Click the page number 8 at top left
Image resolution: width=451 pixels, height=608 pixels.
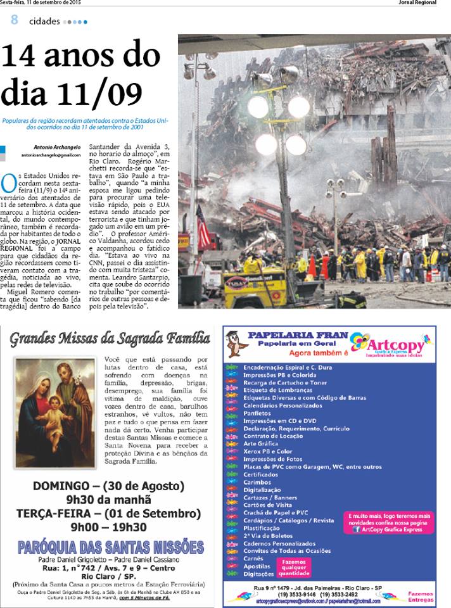coord(14,20)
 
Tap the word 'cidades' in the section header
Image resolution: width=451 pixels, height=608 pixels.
coord(44,21)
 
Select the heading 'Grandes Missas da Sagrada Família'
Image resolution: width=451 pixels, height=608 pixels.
coord(110,339)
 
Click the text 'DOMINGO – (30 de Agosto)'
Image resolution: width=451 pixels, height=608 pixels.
coord(109,486)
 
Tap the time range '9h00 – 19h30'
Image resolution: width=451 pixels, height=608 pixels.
coord(109,526)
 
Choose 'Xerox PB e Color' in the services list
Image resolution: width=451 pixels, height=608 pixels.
coord(269,452)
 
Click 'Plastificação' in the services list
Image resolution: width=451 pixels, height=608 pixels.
coord(262,528)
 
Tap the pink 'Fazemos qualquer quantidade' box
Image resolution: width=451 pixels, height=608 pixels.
coord(293,567)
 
